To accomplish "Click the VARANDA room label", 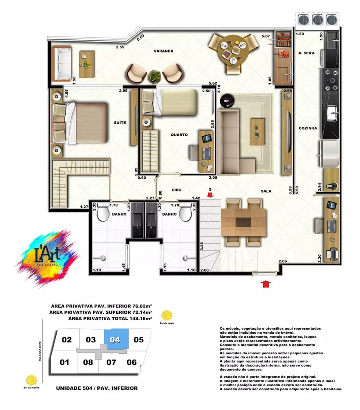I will point(163,51).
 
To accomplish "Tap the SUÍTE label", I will point(120,123).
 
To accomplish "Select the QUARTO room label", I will point(179,134).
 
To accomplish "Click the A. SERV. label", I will point(307,53).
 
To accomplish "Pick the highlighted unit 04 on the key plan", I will point(115,339).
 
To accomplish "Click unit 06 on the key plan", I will point(131,362).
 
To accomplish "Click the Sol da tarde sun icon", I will point(167,315).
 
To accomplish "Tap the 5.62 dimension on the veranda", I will point(213,83).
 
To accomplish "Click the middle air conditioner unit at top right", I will point(317,20).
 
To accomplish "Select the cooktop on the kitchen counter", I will point(332,80).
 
